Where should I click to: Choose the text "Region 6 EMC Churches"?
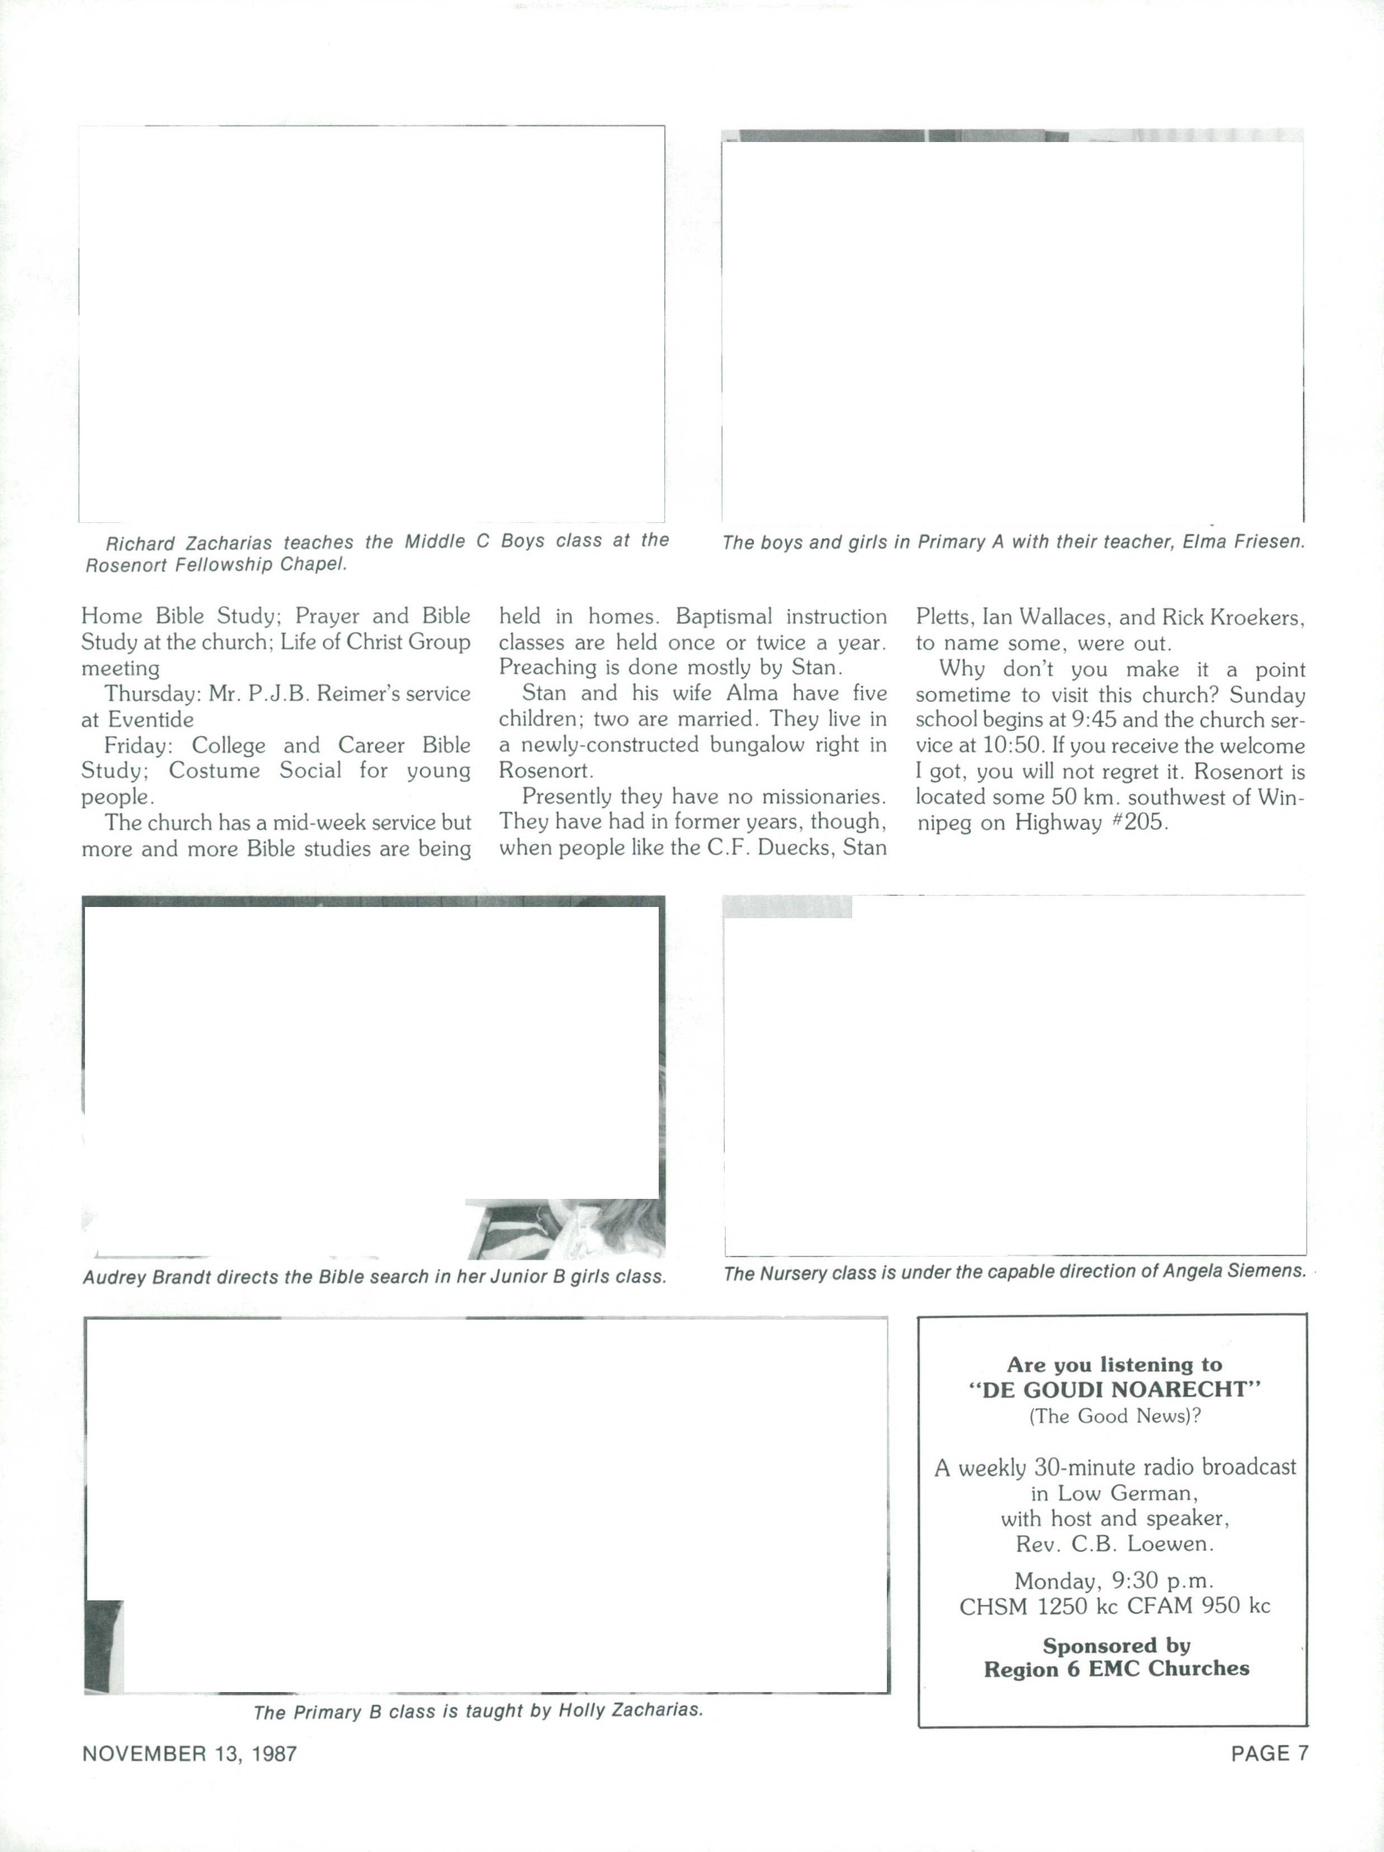1115,1669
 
